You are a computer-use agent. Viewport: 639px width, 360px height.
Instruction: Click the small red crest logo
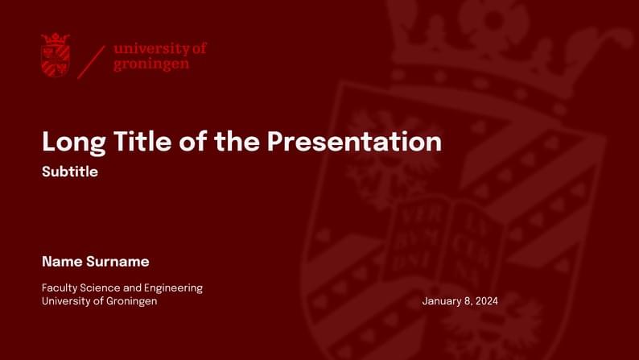pyautogui.click(x=55, y=56)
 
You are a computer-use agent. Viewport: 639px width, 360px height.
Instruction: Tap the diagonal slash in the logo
pyautogui.click(x=91, y=61)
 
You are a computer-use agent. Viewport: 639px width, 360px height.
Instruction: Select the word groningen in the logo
pyautogui.click(x=151, y=64)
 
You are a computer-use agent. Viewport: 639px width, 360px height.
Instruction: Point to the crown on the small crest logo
pyautogui.click(x=55, y=39)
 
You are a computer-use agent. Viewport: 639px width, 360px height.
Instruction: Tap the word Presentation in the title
pyautogui.click(x=354, y=142)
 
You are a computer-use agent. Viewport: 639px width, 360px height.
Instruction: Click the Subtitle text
pyautogui.click(x=70, y=172)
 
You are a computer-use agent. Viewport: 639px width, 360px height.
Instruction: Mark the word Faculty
pyautogui.click(x=59, y=288)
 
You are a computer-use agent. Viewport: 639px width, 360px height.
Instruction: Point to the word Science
pyautogui.click(x=99, y=288)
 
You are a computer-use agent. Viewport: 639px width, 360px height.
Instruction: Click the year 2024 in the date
pyautogui.click(x=486, y=301)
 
